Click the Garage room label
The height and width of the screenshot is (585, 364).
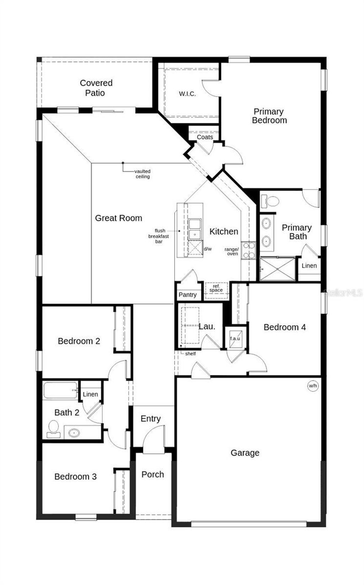tap(245, 453)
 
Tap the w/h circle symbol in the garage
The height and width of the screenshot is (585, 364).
tap(312, 386)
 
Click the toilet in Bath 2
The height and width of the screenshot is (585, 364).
tap(54, 429)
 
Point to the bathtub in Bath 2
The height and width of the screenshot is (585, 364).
tap(60, 390)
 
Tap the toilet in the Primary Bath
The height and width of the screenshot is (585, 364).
tap(270, 201)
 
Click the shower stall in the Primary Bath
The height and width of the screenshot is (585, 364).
tap(278, 269)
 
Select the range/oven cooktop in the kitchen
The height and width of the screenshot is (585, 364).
tap(248, 250)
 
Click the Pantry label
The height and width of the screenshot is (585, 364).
tap(187, 294)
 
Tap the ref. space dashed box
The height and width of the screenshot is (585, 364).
tap(216, 288)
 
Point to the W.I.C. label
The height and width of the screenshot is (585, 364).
tap(187, 94)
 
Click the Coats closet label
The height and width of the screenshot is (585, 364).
tap(205, 137)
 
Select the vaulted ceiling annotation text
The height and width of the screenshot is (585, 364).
tap(143, 174)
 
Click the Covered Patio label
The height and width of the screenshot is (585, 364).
tap(96, 88)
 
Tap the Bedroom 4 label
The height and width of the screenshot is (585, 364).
tap(284, 327)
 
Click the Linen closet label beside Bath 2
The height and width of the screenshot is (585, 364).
tap(90, 394)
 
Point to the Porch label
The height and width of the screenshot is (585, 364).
tap(152, 475)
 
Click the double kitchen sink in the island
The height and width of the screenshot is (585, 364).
tap(194, 229)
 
